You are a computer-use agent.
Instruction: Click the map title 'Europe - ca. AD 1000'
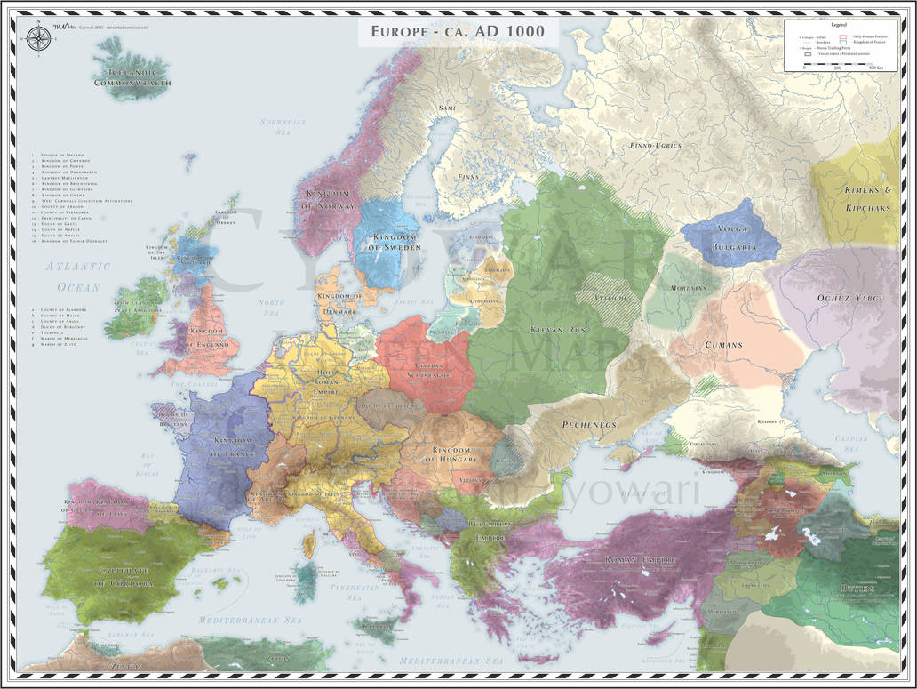458,33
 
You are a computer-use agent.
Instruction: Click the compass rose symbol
38,38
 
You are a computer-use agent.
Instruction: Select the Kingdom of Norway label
331,199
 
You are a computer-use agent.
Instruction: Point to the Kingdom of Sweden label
388,241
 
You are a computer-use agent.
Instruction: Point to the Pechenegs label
588,425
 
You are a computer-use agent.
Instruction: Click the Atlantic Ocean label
79,276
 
